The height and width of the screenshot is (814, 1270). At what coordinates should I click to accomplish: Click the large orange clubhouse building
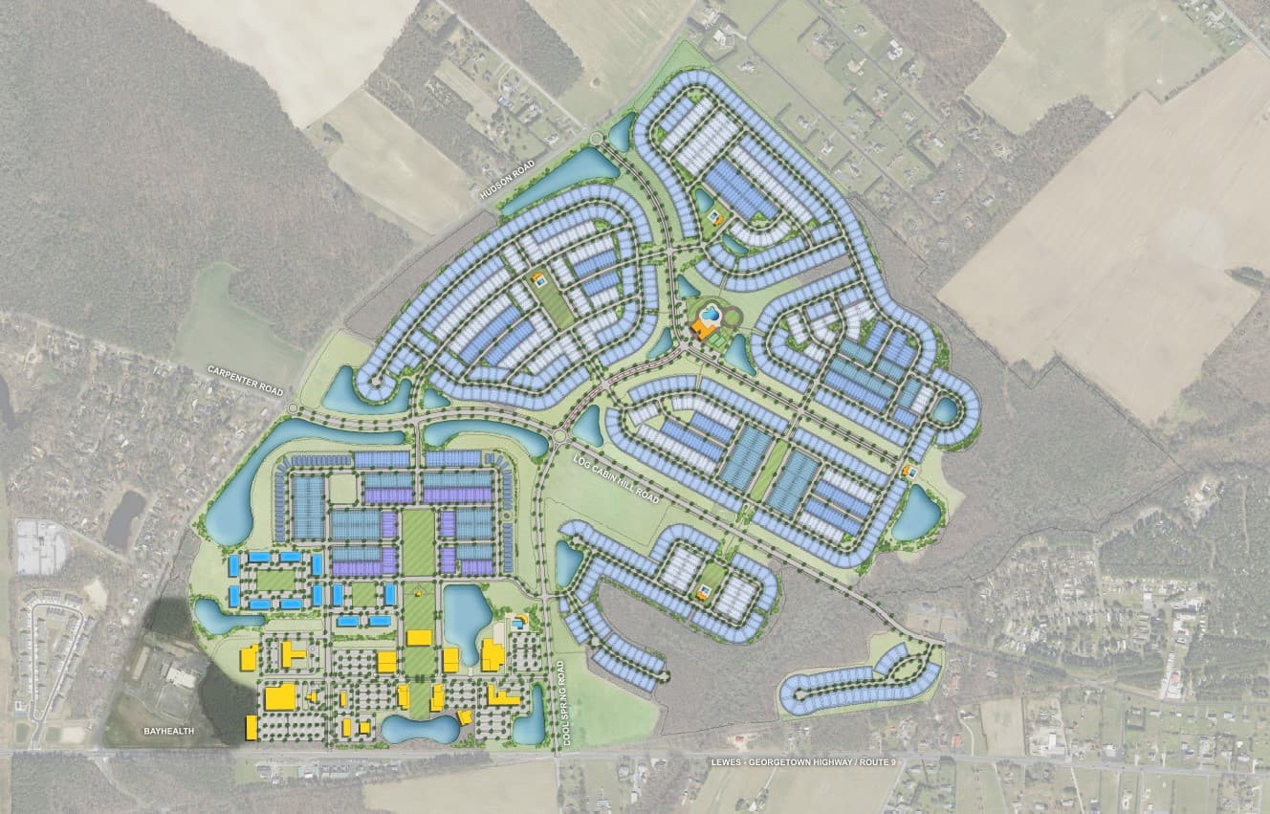(705, 329)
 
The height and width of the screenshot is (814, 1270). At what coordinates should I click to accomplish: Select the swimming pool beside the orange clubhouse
(710, 312)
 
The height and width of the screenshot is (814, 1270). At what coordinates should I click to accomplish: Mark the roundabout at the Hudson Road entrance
(597, 141)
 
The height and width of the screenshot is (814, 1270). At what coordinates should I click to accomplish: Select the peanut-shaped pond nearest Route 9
(421, 730)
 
